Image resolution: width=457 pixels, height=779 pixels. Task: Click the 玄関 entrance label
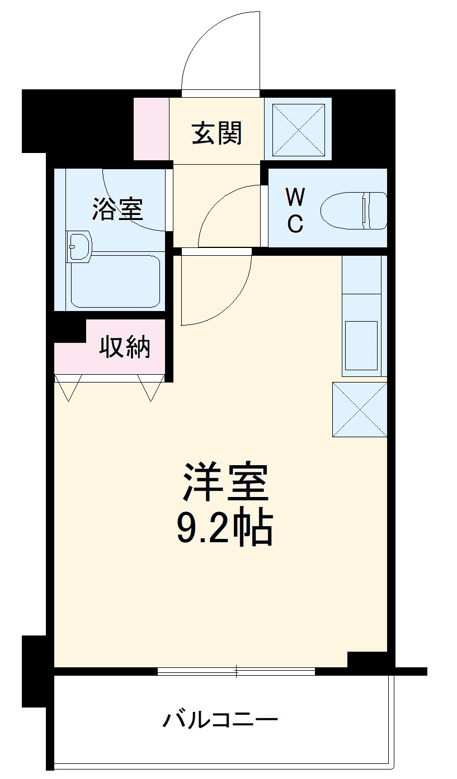[x=217, y=133]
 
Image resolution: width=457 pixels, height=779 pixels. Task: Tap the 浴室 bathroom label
[x=117, y=209]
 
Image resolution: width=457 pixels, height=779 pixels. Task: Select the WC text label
[x=295, y=211]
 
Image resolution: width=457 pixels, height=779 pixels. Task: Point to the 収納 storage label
[x=125, y=347]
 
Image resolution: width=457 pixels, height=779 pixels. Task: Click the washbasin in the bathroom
[x=79, y=246]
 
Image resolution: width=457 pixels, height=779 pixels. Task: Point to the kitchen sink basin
[x=361, y=346]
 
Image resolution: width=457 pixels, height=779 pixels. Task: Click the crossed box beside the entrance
[x=298, y=129]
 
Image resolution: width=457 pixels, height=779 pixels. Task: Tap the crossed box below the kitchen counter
[x=360, y=409]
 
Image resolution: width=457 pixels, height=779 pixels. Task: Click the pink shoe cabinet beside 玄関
[x=151, y=128]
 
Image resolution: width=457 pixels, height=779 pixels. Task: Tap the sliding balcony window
[x=236, y=671]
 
